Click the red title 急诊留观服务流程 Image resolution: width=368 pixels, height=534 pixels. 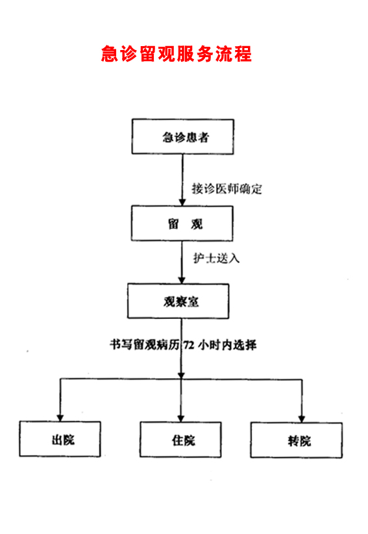176,54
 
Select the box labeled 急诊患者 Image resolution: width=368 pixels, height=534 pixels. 182,136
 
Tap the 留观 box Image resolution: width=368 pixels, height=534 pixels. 182,223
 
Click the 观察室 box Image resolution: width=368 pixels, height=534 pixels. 178,301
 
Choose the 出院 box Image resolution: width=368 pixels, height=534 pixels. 60,439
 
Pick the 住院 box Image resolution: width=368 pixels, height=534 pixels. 180,440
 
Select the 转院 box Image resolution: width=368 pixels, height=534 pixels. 297,440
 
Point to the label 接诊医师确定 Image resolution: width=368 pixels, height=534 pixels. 227,189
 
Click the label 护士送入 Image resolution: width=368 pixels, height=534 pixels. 217,258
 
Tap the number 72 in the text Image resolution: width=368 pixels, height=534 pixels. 189,346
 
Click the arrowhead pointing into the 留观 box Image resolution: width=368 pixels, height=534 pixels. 182,202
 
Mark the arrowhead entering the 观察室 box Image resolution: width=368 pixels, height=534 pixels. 182,280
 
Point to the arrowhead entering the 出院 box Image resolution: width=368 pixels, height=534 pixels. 60,418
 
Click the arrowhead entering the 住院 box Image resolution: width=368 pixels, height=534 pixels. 181,419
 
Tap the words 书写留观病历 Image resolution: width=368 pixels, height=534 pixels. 144,345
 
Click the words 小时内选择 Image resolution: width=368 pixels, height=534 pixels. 228,346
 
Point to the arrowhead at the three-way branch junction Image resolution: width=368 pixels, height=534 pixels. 181,375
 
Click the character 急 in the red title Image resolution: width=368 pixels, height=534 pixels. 110,54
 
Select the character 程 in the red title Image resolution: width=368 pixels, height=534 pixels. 243,54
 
